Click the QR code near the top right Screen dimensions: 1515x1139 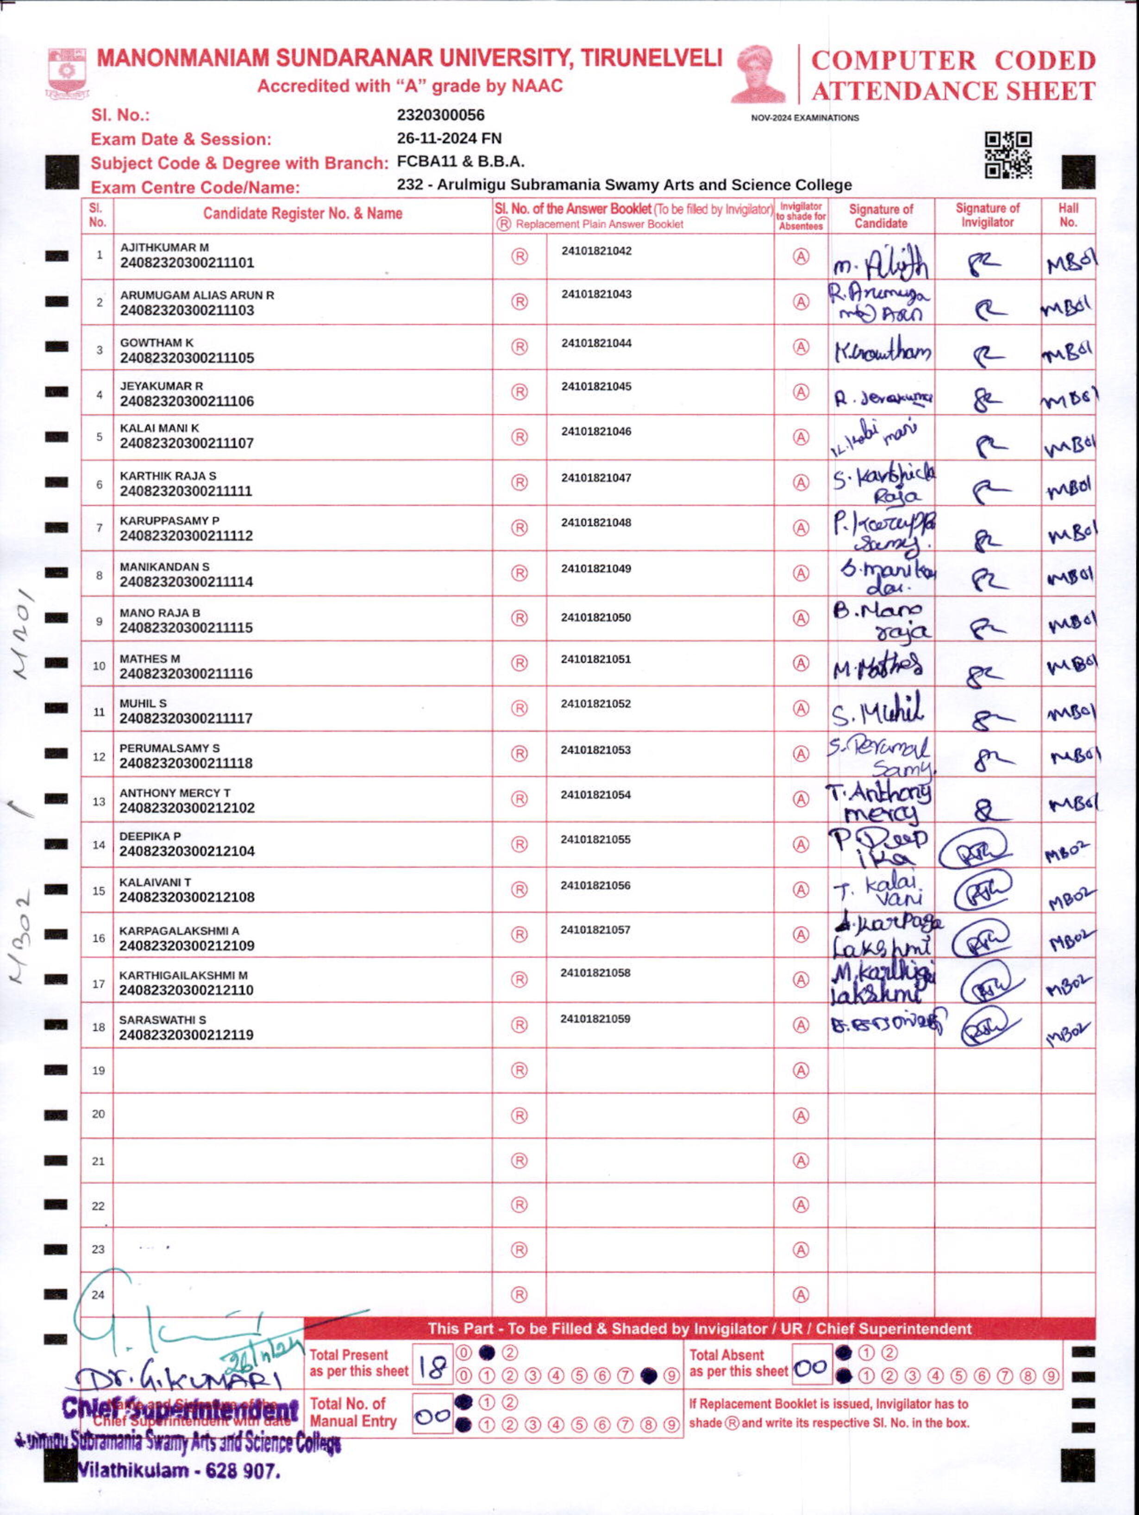pyautogui.click(x=1008, y=155)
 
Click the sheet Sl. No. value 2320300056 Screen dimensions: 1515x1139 pyautogui.click(x=440, y=115)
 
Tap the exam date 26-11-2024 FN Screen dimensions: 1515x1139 pyautogui.click(x=449, y=138)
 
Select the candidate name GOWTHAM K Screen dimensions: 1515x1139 pyautogui.click(x=157, y=343)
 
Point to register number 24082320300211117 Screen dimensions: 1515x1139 pyautogui.click(x=186, y=718)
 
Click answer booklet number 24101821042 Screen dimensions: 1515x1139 pyautogui.click(x=596, y=251)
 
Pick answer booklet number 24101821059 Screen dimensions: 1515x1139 pyautogui.click(x=595, y=1018)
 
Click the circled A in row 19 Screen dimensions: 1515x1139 pyautogui.click(x=801, y=1070)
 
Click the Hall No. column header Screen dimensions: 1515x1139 pyautogui.click(x=1068, y=215)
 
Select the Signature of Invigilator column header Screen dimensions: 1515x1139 pyautogui.click(x=987, y=215)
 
